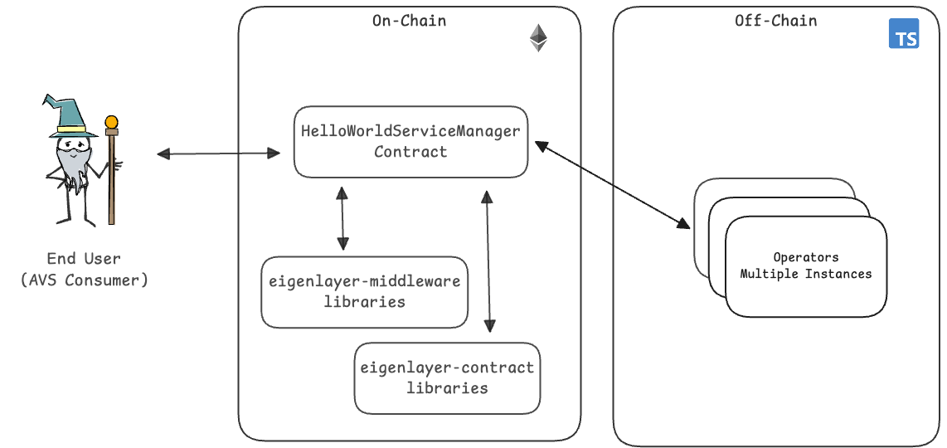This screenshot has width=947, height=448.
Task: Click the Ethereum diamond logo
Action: click(x=539, y=38)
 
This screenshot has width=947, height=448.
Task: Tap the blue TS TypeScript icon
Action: click(x=903, y=35)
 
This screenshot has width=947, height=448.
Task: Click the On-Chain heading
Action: click(x=409, y=21)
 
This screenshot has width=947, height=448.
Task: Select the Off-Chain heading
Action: click(x=775, y=21)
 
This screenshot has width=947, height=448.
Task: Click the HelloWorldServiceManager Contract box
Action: click(x=410, y=141)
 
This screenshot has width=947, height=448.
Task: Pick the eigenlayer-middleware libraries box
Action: click(x=364, y=291)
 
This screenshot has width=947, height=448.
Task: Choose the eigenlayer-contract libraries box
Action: click(x=447, y=377)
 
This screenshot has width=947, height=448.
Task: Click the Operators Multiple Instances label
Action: click(x=805, y=265)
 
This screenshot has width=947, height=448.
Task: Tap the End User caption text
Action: click(x=84, y=259)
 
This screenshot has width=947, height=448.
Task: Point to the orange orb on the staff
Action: click(x=111, y=123)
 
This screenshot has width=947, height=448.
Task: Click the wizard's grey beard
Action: click(x=75, y=171)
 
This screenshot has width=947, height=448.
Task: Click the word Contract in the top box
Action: click(x=410, y=152)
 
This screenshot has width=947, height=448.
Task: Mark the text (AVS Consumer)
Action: click(x=84, y=280)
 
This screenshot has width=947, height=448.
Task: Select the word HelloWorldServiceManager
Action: click(x=410, y=131)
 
